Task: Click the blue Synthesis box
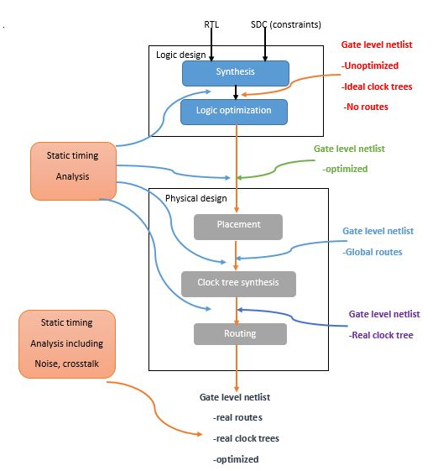[235, 72]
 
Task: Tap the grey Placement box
[238, 225]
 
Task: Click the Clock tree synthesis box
[238, 283]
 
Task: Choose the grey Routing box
[240, 333]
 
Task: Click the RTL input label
[211, 25]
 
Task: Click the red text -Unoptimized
[370, 65]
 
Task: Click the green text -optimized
[345, 169]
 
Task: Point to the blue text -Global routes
[372, 252]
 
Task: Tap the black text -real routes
[237, 417]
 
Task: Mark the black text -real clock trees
[246, 438]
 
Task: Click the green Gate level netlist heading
[349, 149]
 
